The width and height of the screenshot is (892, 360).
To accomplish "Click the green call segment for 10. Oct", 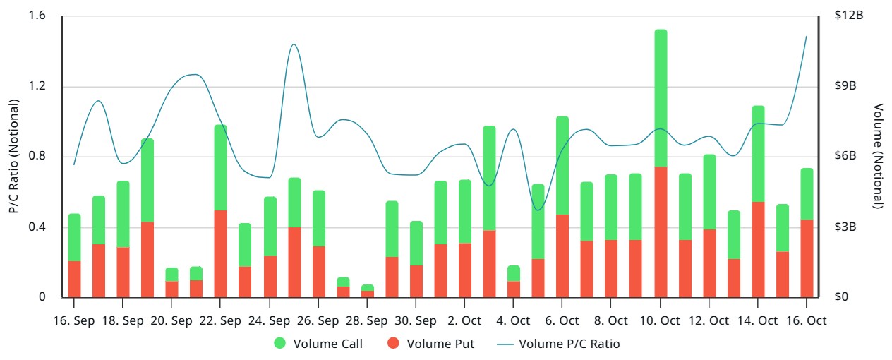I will pyautogui.click(x=661, y=99).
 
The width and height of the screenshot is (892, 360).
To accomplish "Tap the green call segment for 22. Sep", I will pyautogui.click(x=220, y=167).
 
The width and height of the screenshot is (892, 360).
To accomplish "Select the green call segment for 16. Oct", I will pyautogui.click(x=807, y=194).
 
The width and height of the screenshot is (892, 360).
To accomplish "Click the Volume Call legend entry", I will pyautogui.click(x=318, y=344).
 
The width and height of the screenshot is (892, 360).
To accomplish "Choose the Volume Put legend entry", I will pyautogui.click(x=430, y=344).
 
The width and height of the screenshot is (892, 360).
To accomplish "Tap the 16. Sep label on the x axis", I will pyautogui.click(x=74, y=320).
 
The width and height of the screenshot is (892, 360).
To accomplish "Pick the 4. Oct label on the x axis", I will pyautogui.click(x=514, y=320).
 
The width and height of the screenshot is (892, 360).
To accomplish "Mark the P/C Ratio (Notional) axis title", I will pyautogui.click(x=13, y=156).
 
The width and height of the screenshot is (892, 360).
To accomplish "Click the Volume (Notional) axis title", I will pyautogui.click(x=878, y=156).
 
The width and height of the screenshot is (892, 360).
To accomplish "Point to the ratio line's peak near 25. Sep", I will pyautogui.click(x=294, y=44).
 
